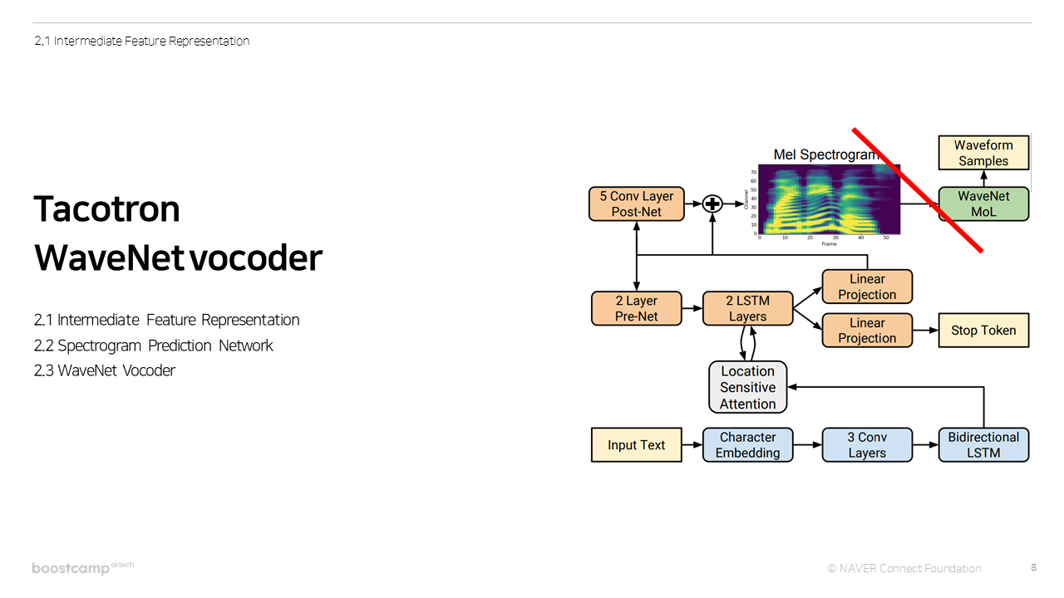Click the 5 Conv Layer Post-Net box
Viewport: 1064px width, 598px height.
(636, 204)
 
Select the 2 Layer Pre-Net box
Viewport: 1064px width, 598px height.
(636, 308)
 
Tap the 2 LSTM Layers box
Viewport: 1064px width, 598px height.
(747, 308)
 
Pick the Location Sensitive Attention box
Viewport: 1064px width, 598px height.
(747, 387)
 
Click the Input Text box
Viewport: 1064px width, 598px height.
(636, 445)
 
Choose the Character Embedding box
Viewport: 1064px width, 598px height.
(747, 445)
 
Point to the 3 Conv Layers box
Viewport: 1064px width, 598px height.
(867, 445)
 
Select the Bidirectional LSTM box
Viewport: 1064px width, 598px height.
(983, 445)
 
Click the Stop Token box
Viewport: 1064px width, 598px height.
(983, 330)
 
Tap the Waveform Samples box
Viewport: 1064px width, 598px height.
(983, 154)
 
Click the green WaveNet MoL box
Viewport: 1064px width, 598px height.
(983, 204)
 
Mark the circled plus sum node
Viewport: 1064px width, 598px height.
(712, 204)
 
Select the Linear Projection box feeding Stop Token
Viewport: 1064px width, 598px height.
(867, 330)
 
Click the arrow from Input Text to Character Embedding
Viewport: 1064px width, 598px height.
(692, 445)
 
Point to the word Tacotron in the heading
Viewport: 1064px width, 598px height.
(106, 209)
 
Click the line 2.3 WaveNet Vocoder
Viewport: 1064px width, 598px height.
(105, 370)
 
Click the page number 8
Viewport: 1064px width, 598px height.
(1033, 567)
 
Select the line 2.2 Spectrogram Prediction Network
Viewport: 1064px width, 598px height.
(154, 346)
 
